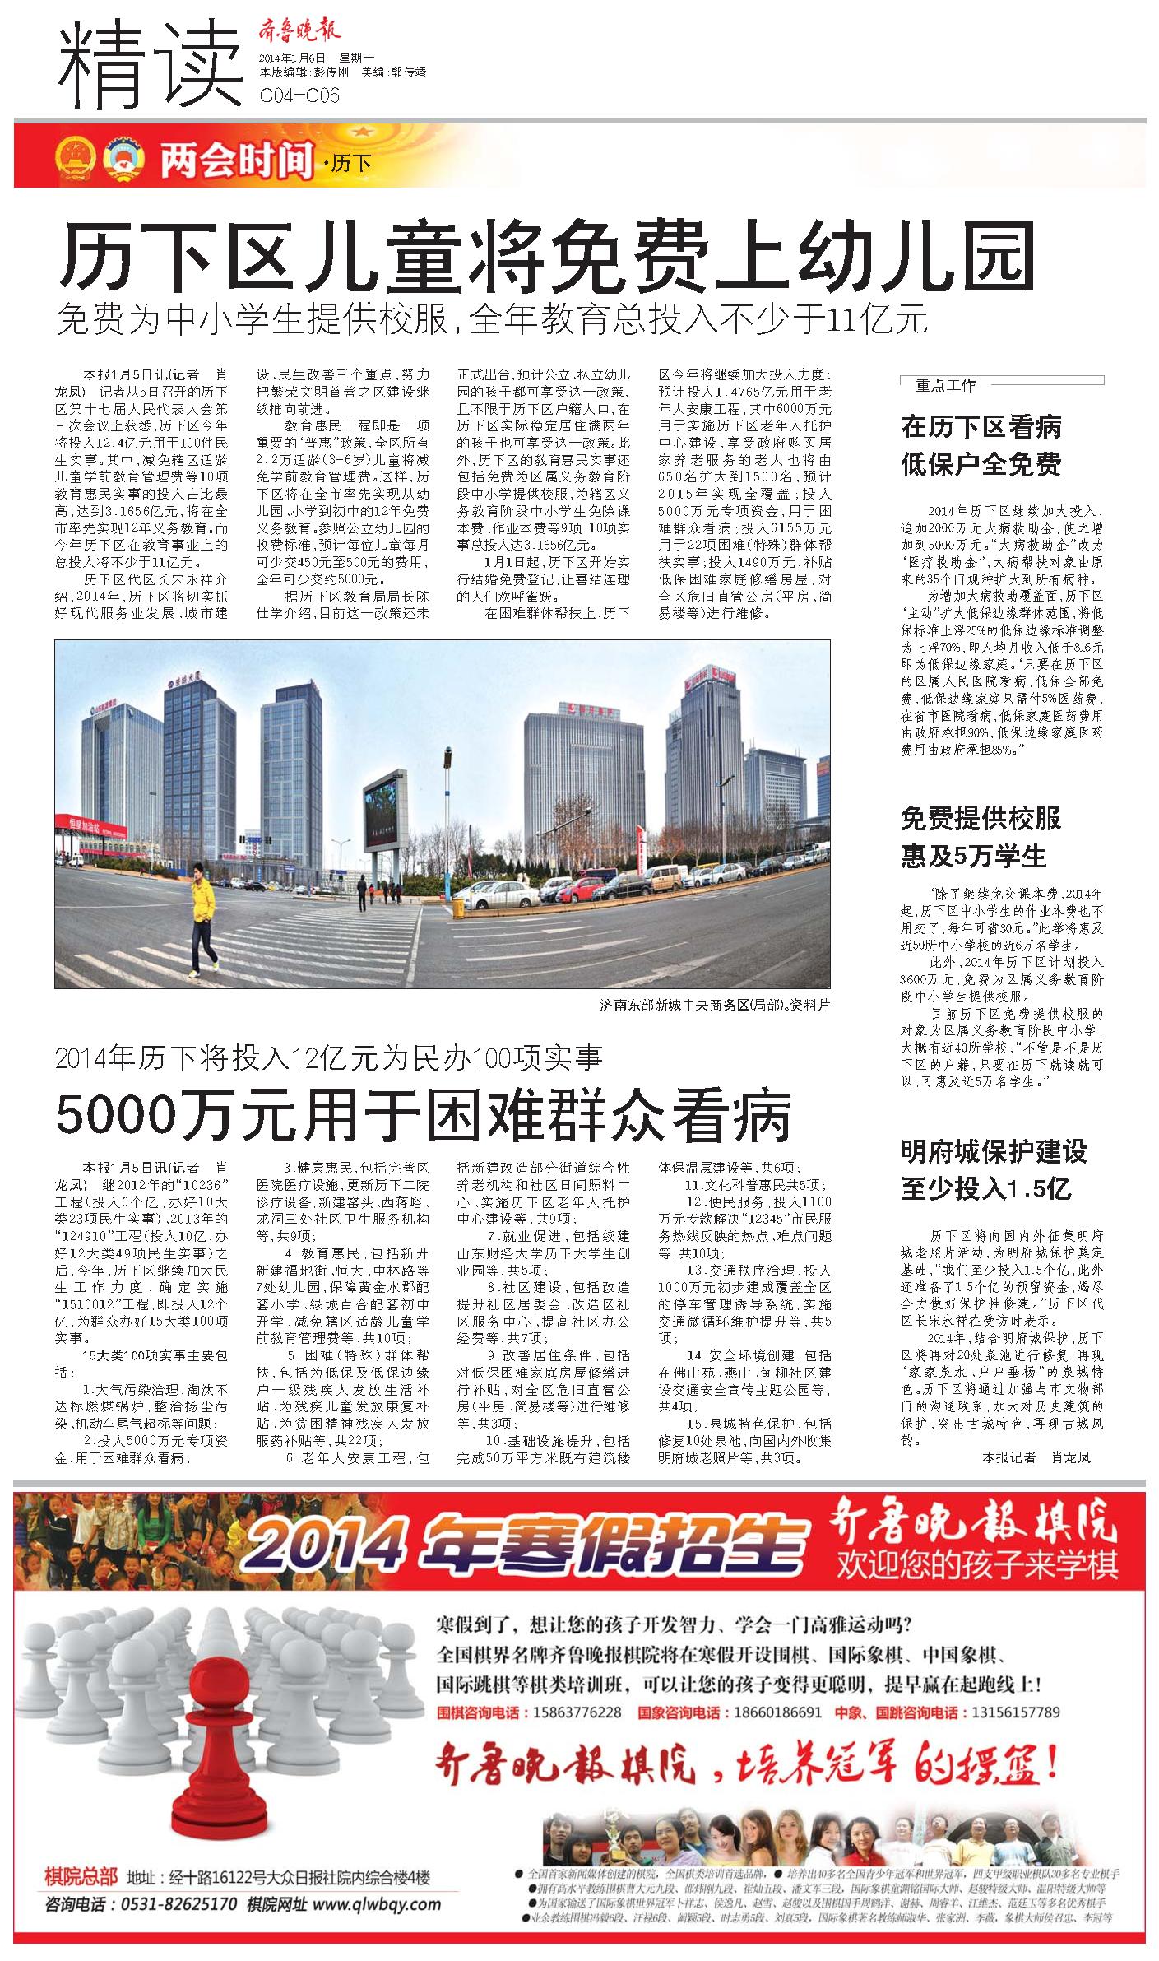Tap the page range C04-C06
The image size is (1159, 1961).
pos(299,95)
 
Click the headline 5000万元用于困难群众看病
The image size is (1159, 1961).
pos(424,1115)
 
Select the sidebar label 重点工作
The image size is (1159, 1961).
pos(946,384)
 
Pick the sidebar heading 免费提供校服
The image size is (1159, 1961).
pos(981,818)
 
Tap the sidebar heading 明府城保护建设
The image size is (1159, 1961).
pos(994,1151)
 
